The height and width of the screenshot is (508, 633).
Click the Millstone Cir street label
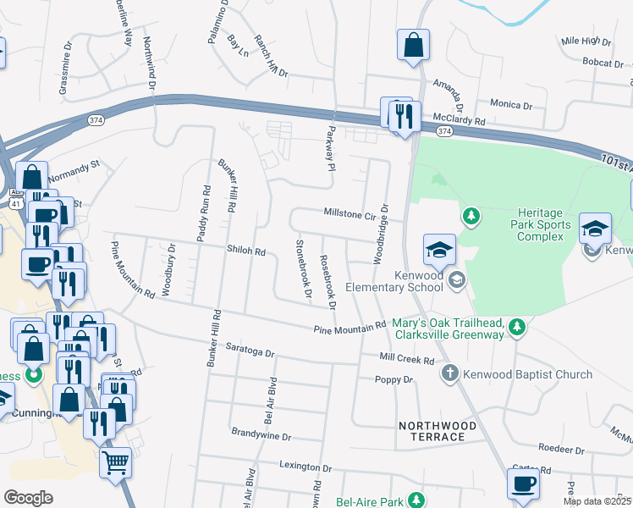tap(347, 215)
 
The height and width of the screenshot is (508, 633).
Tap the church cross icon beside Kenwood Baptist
tap(451, 373)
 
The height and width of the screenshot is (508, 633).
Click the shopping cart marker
tap(115, 462)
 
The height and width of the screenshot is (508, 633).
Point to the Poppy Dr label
tap(395, 380)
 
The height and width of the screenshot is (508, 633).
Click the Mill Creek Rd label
tap(407, 360)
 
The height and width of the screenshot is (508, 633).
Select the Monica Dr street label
tap(511, 105)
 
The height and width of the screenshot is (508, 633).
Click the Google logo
tap(28, 498)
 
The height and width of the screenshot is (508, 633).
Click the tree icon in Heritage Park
tap(471, 218)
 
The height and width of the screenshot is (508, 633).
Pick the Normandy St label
tap(74, 178)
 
